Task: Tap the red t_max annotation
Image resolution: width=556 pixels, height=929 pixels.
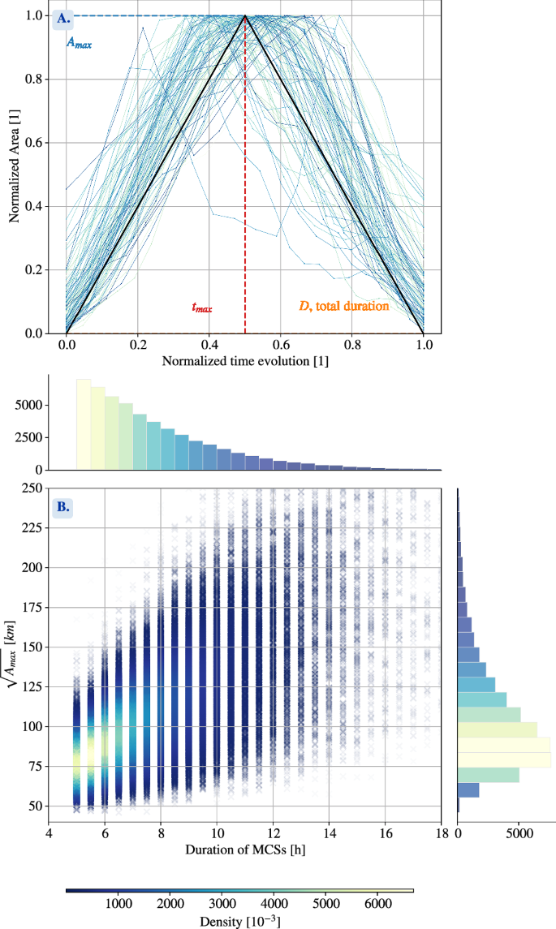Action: point(202,308)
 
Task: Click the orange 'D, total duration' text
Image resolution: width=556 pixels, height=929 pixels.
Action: point(344,308)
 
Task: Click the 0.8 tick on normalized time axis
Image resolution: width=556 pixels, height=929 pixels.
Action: point(351,344)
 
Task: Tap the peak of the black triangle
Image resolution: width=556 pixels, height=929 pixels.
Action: point(245,16)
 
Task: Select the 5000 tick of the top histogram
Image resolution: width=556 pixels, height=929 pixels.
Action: point(29,405)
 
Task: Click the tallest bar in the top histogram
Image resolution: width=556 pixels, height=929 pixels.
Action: point(84,424)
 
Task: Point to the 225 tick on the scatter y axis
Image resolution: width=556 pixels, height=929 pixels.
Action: point(33,527)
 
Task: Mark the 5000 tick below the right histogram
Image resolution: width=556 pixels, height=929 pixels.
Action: point(519,831)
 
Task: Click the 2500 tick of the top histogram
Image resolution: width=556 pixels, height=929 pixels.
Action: point(29,437)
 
